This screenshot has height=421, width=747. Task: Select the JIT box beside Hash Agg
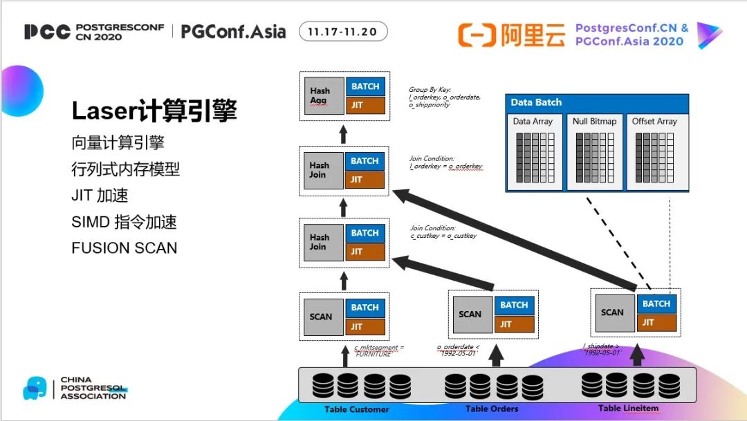(365, 106)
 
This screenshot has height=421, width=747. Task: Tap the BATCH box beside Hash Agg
(365, 86)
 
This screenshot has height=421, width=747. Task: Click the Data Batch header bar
(597, 102)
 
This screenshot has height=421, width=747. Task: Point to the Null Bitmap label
(594, 122)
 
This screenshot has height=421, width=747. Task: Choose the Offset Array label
(654, 122)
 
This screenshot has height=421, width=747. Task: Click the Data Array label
(533, 122)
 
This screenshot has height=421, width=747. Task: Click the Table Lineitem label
(629, 408)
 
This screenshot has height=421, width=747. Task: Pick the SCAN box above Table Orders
(470, 314)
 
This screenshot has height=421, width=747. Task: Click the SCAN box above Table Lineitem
(612, 312)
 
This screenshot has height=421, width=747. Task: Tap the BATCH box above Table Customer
(365, 308)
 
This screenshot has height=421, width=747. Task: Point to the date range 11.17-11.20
(343, 32)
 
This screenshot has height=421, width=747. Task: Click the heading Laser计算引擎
(154, 111)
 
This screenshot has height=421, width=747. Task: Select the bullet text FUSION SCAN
(124, 247)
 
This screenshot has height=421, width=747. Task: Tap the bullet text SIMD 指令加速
(124, 222)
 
